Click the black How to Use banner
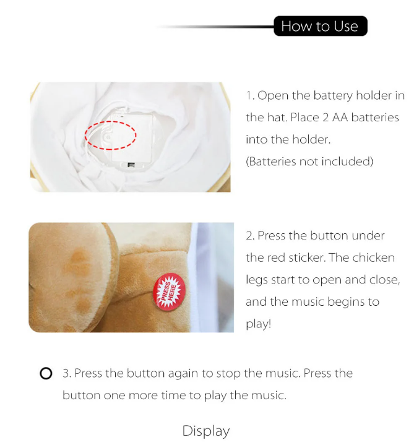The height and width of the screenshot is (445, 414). pyautogui.click(x=321, y=26)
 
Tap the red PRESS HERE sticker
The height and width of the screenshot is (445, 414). pyautogui.click(x=169, y=292)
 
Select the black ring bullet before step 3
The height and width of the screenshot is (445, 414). pyautogui.click(x=46, y=373)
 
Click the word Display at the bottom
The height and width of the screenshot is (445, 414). pyautogui.click(x=206, y=431)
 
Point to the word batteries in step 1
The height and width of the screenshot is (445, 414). pyautogui.click(x=375, y=117)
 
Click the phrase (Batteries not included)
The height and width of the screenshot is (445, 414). pyautogui.click(x=309, y=162)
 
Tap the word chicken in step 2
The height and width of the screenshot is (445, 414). pyautogui.click(x=373, y=257)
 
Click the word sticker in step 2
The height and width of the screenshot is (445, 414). pyautogui.click(x=308, y=257)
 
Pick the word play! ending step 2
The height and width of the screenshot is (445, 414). pyautogui.click(x=259, y=324)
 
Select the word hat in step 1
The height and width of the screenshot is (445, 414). pyautogui.click(x=277, y=117)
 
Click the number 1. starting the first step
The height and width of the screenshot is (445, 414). pyautogui.click(x=250, y=96)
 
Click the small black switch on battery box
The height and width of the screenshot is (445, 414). pyautogui.click(x=131, y=165)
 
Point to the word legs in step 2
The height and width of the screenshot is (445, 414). pyautogui.click(x=257, y=280)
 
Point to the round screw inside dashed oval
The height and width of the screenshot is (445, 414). pyautogui.click(x=108, y=137)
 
